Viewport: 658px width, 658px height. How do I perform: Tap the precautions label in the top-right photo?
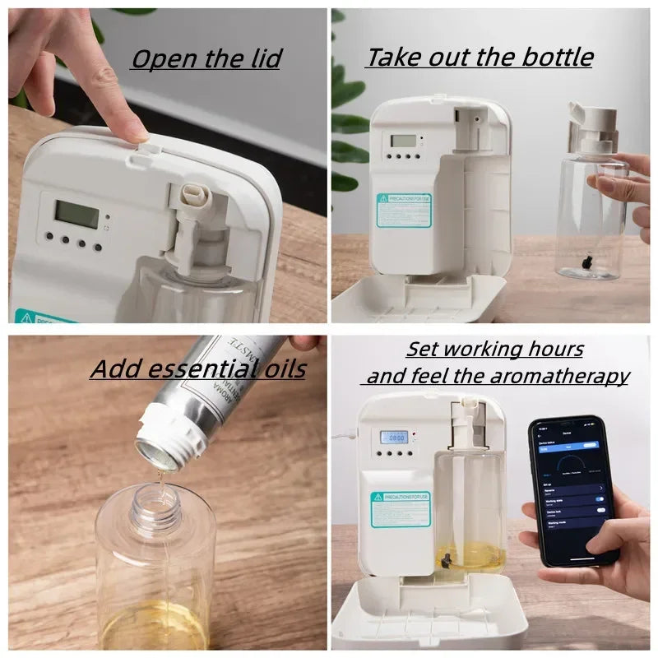(x=403, y=211)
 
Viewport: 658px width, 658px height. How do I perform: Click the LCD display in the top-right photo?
(x=403, y=141)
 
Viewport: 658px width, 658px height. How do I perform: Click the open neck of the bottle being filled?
(x=155, y=499)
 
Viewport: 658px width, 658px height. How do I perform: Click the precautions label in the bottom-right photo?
(x=400, y=509)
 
